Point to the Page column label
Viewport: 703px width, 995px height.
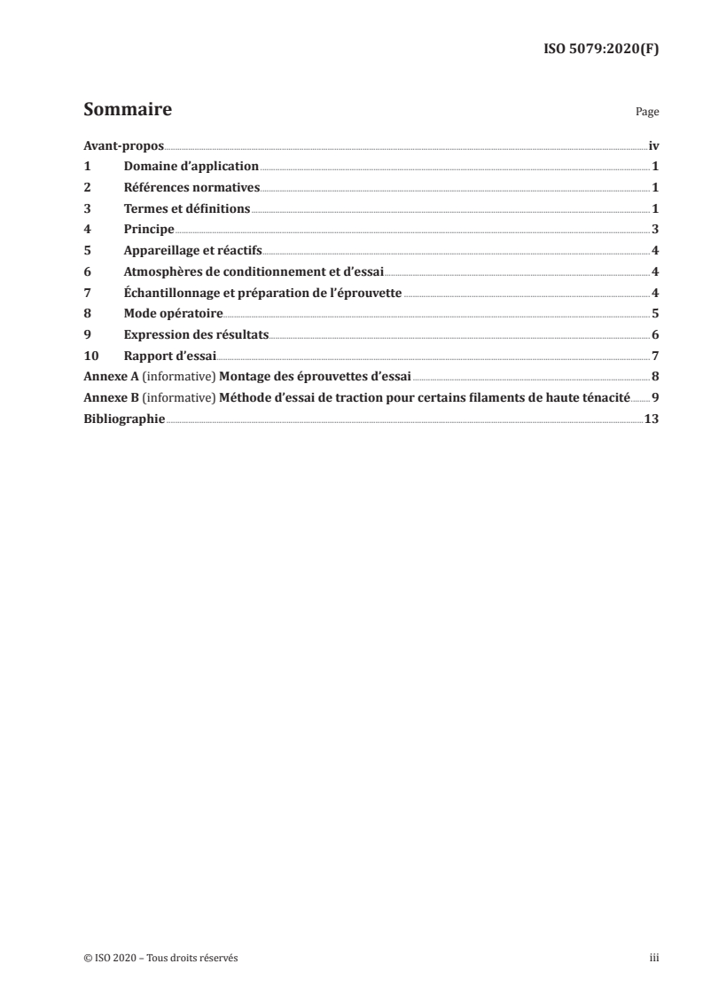pos(647,114)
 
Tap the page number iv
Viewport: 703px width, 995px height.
pos(653,145)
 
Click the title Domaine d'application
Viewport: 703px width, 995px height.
pos(191,167)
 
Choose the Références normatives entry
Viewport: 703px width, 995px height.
pos(191,187)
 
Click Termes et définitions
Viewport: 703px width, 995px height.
pos(187,208)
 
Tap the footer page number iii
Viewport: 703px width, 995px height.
pos(654,958)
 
